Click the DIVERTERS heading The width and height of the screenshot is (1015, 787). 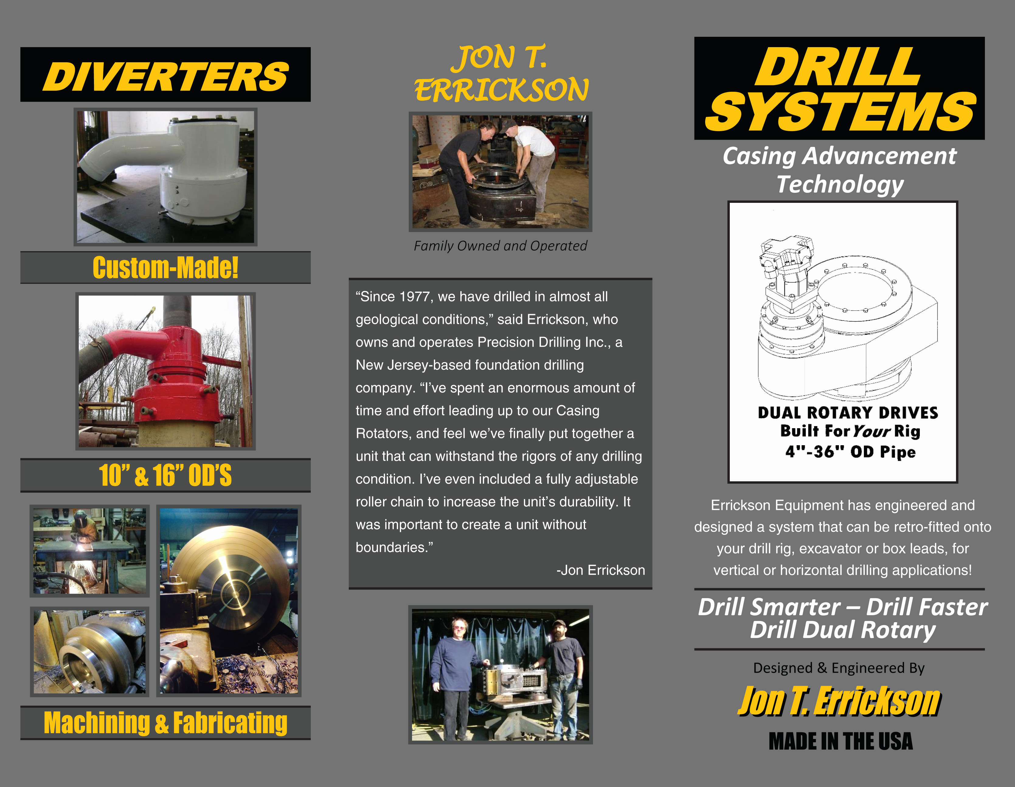[165, 76]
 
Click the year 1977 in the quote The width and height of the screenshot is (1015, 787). [414, 296]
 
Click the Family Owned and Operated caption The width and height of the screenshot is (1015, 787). [500, 246]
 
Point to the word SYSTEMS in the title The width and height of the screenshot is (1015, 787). [840, 112]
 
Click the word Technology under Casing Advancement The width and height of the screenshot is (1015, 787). [840, 184]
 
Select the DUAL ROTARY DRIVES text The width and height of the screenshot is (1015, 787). [848, 413]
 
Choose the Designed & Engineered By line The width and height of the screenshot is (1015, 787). [839, 668]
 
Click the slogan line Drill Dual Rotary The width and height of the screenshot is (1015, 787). [843, 630]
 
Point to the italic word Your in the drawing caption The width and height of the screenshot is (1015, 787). [872, 432]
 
